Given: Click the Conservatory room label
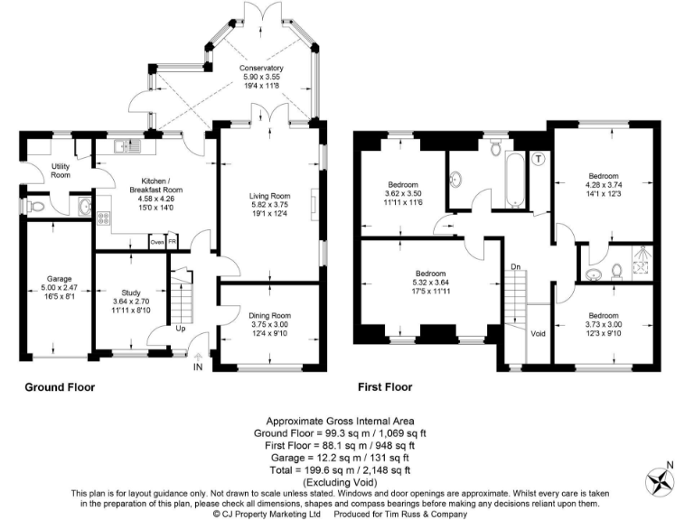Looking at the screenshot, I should tap(261, 69).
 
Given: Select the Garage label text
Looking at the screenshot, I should tap(59, 279).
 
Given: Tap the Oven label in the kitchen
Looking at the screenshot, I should tap(156, 242).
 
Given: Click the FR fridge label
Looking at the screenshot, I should tap(172, 242).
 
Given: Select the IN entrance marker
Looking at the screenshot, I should tap(198, 367).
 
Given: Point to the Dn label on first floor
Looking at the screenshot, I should tap(515, 266).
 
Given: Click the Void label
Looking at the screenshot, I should tap(539, 333).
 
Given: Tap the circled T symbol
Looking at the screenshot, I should tap(539, 160).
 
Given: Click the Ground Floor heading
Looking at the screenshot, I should tap(59, 387).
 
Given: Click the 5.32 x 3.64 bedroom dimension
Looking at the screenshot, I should tap(430, 283).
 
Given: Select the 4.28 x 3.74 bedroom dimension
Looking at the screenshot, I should tap(603, 185).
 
